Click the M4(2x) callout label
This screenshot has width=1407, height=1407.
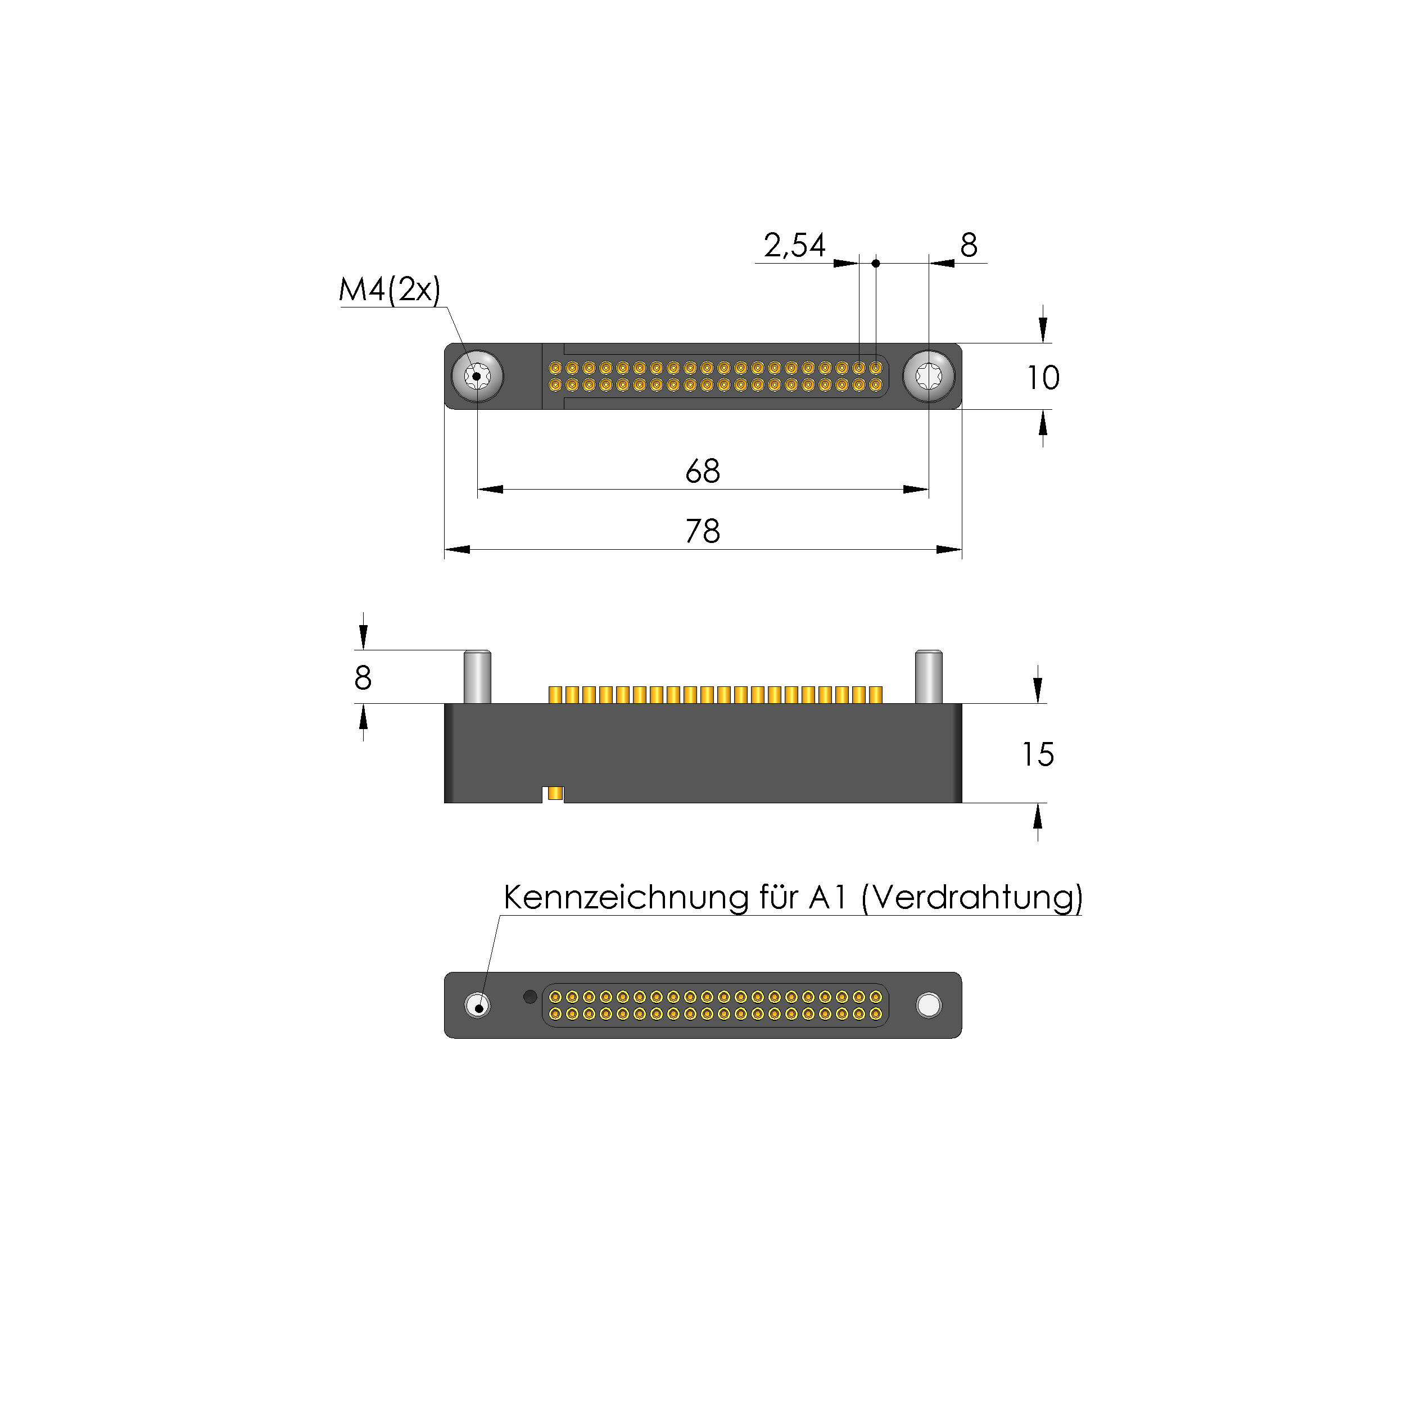tap(390, 290)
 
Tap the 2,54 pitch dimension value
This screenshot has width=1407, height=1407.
tap(794, 246)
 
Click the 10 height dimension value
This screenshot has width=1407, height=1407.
tap(1042, 377)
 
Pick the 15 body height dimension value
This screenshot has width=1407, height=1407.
tap(1037, 754)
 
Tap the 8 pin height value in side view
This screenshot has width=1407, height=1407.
tap(363, 678)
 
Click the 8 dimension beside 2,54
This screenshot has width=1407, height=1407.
tap(968, 246)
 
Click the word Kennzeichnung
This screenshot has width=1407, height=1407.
tap(626, 897)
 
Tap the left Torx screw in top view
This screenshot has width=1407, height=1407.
tap(477, 377)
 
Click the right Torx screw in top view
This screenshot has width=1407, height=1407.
tap(929, 377)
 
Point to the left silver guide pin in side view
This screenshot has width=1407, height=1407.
tap(477, 677)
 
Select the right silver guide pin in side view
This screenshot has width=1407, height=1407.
tap(929, 677)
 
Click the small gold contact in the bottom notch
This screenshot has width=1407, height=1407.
tap(555, 793)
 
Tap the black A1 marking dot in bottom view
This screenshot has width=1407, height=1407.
tap(530, 996)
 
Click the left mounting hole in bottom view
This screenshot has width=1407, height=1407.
tap(477, 1005)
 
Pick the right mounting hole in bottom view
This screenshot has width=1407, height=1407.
tap(929, 1005)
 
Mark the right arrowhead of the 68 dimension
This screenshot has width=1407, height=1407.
tap(916, 490)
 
